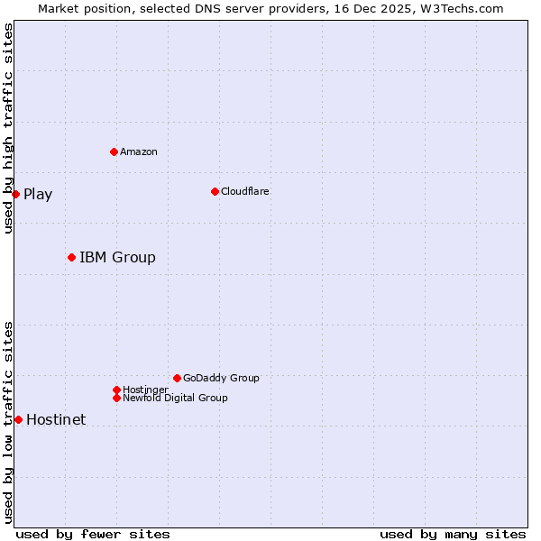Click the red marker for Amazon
point(114,151)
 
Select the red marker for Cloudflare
point(215,191)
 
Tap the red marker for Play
point(15,194)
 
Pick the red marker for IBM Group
point(71,257)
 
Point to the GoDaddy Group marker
point(177,378)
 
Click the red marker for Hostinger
point(116,390)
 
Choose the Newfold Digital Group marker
point(116,398)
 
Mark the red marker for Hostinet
point(18,419)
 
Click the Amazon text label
point(139,151)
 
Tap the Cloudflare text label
point(245,191)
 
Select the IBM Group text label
point(117,258)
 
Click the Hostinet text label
point(56,420)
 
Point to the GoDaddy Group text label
point(221,378)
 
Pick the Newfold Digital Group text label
point(175,398)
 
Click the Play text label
point(38,195)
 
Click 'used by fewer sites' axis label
point(93,534)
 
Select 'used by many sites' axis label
point(453,534)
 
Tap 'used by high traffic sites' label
point(8,128)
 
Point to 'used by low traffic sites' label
point(8,422)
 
